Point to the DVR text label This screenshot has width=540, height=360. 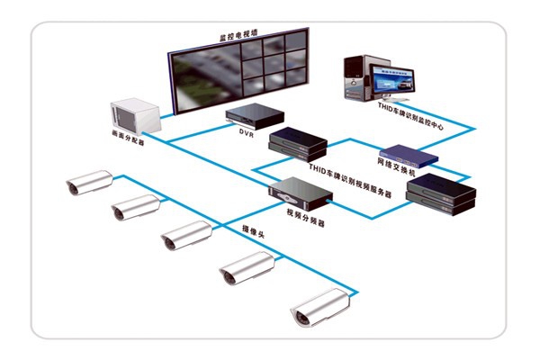pyautogui.click(x=247, y=132)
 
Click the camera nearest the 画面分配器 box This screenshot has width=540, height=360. pyautogui.click(x=90, y=182)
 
